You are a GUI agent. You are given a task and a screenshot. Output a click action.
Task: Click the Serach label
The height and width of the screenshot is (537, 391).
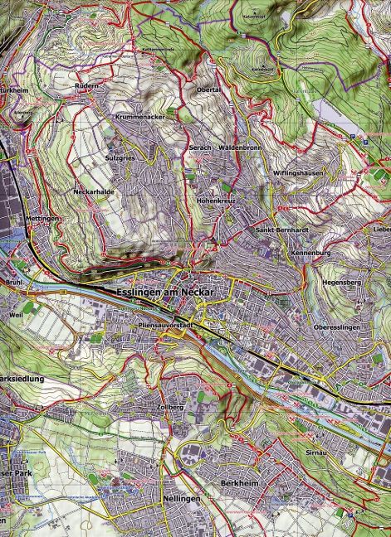(x=199, y=147)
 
